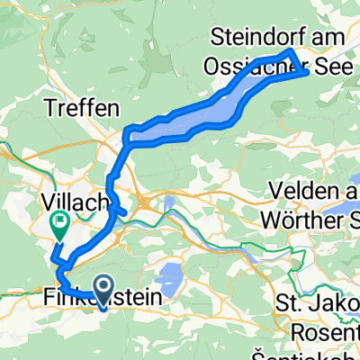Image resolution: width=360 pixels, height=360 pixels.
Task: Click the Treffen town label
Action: [x=82, y=108]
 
